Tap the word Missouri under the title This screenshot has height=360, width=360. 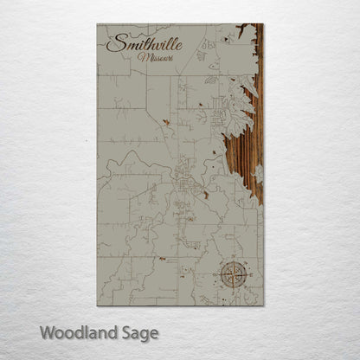tap(155, 57)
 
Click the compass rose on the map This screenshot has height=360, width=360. tap(233, 275)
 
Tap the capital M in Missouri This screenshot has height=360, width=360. tap(141, 57)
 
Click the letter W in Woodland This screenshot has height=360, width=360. tap(47, 331)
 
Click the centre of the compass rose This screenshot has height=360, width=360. tap(233, 275)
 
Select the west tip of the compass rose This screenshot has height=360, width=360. tap(217, 275)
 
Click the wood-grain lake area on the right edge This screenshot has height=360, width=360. tap(246, 147)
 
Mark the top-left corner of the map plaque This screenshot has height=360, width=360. tap(98, 24)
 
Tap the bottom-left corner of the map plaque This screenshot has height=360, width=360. tap(98, 305)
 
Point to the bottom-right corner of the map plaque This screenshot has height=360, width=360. tap(263, 305)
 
